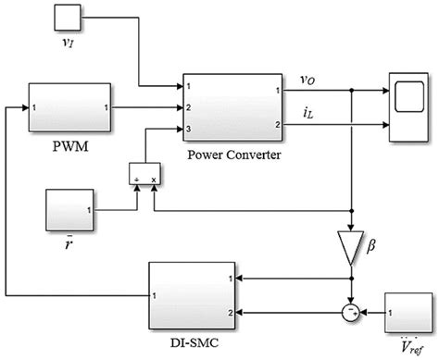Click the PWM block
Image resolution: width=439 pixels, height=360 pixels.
(70, 107)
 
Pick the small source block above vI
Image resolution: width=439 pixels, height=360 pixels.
(67, 18)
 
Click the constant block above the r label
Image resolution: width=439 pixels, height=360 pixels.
(70, 211)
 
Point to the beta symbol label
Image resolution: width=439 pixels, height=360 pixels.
(375, 246)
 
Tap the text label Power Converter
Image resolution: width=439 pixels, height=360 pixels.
(232, 155)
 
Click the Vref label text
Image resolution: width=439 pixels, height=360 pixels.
(408, 350)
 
